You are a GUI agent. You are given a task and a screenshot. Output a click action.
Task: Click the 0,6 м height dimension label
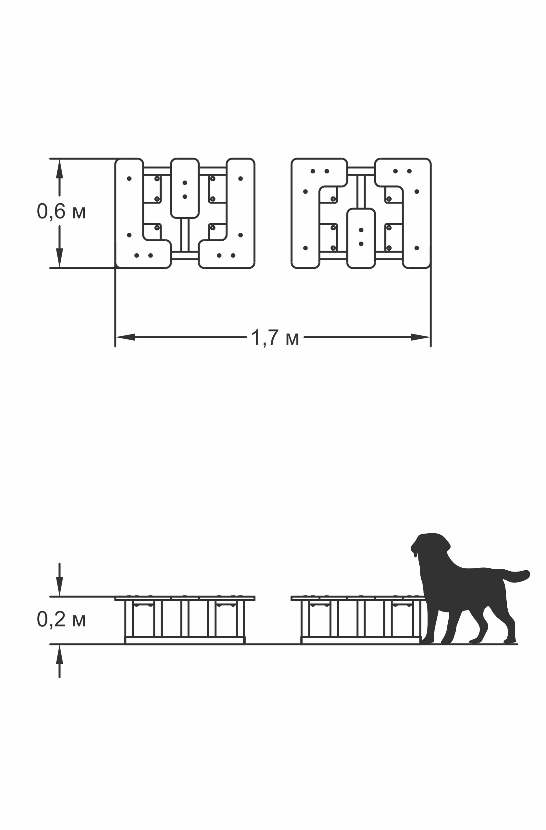click(x=61, y=212)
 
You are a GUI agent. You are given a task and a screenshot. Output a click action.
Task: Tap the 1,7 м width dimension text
click(x=275, y=338)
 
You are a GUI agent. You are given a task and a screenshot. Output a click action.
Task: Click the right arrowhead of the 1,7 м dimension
click(x=420, y=337)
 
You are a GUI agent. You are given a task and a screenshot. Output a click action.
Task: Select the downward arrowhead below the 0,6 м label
click(x=60, y=258)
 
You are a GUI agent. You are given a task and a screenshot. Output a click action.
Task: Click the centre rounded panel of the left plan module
click(x=185, y=188)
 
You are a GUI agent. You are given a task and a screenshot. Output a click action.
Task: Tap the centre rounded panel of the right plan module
click(x=361, y=239)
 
